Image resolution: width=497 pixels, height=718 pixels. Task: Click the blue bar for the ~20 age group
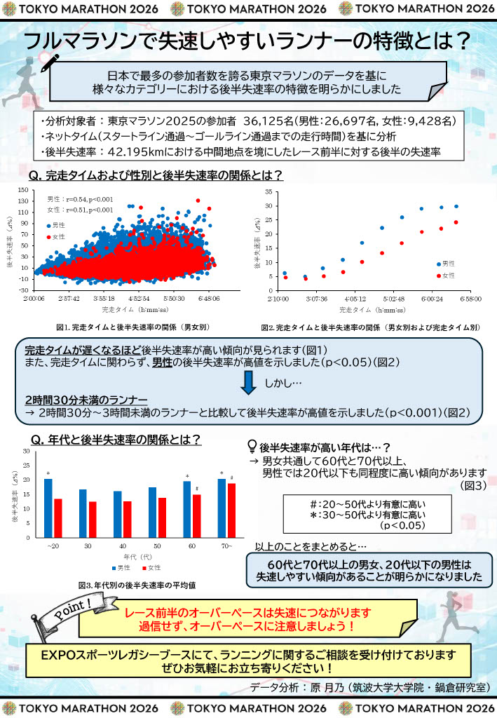(48, 508)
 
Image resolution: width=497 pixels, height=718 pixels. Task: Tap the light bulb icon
(252, 446)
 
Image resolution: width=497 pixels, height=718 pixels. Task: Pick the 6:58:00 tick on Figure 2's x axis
(469, 298)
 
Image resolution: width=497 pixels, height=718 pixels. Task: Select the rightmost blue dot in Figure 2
(456, 206)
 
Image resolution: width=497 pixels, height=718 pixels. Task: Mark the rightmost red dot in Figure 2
(456, 222)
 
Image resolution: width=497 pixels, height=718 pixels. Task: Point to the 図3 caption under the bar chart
(137, 584)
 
